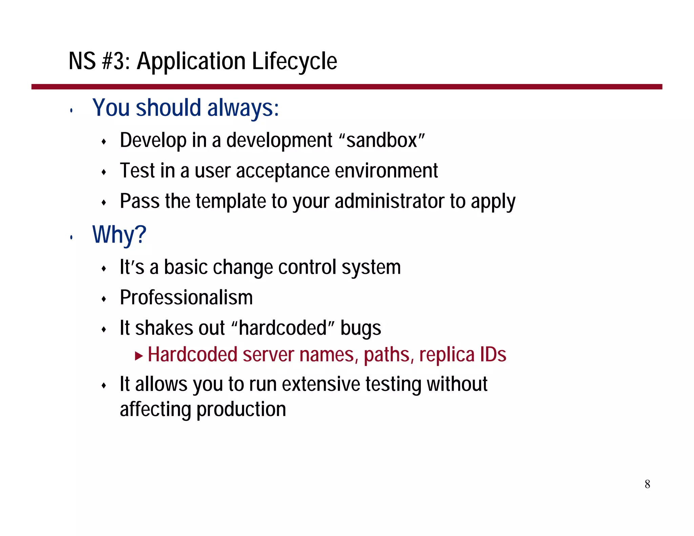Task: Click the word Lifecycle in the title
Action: coord(294,62)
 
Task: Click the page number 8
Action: coord(647,484)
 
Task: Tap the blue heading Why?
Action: coord(119,234)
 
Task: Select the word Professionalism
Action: coord(186,298)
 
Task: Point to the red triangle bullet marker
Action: coord(139,356)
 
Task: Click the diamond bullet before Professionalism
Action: coord(104,299)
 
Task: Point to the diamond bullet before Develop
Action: coord(104,142)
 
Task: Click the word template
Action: coord(231,201)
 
